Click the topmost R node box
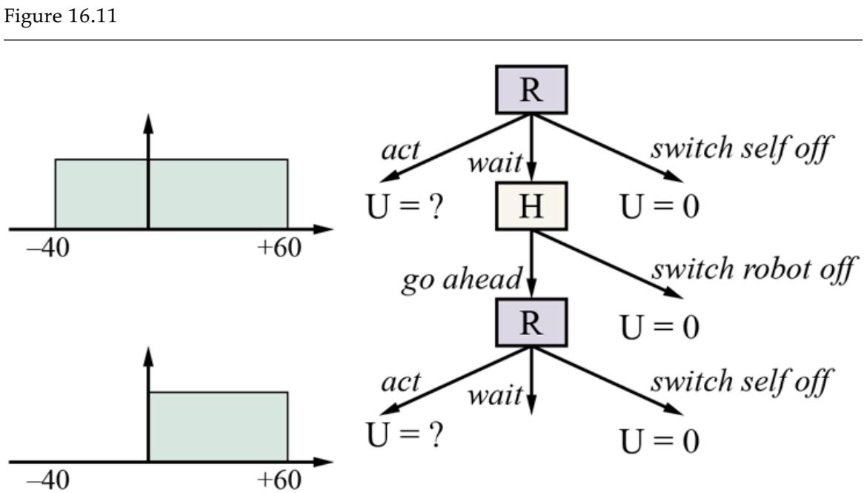(531, 89)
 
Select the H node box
(531, 205)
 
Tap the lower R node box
(531, 322)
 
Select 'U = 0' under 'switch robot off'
(659, 326)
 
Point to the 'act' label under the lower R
(400, 382)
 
